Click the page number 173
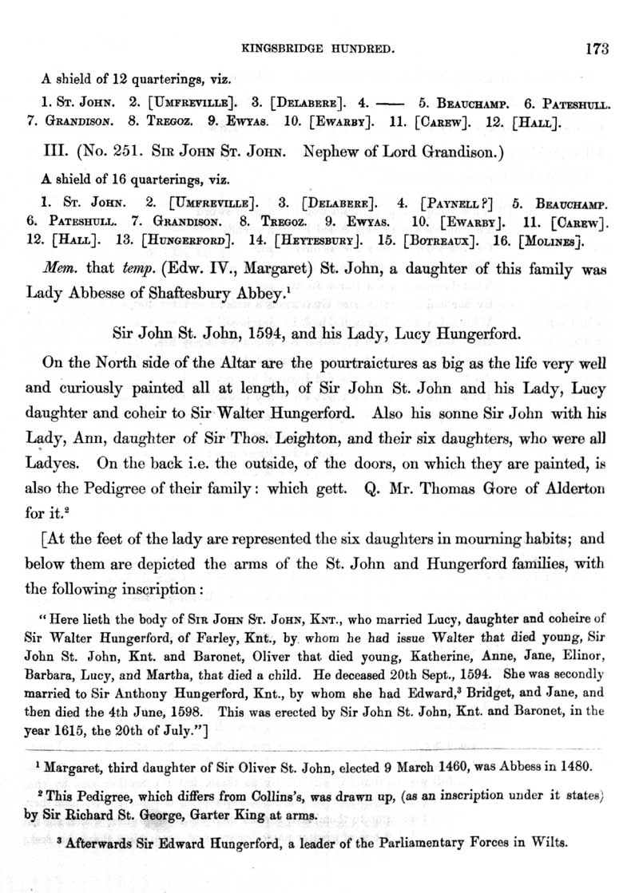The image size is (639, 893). coord(597,49)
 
